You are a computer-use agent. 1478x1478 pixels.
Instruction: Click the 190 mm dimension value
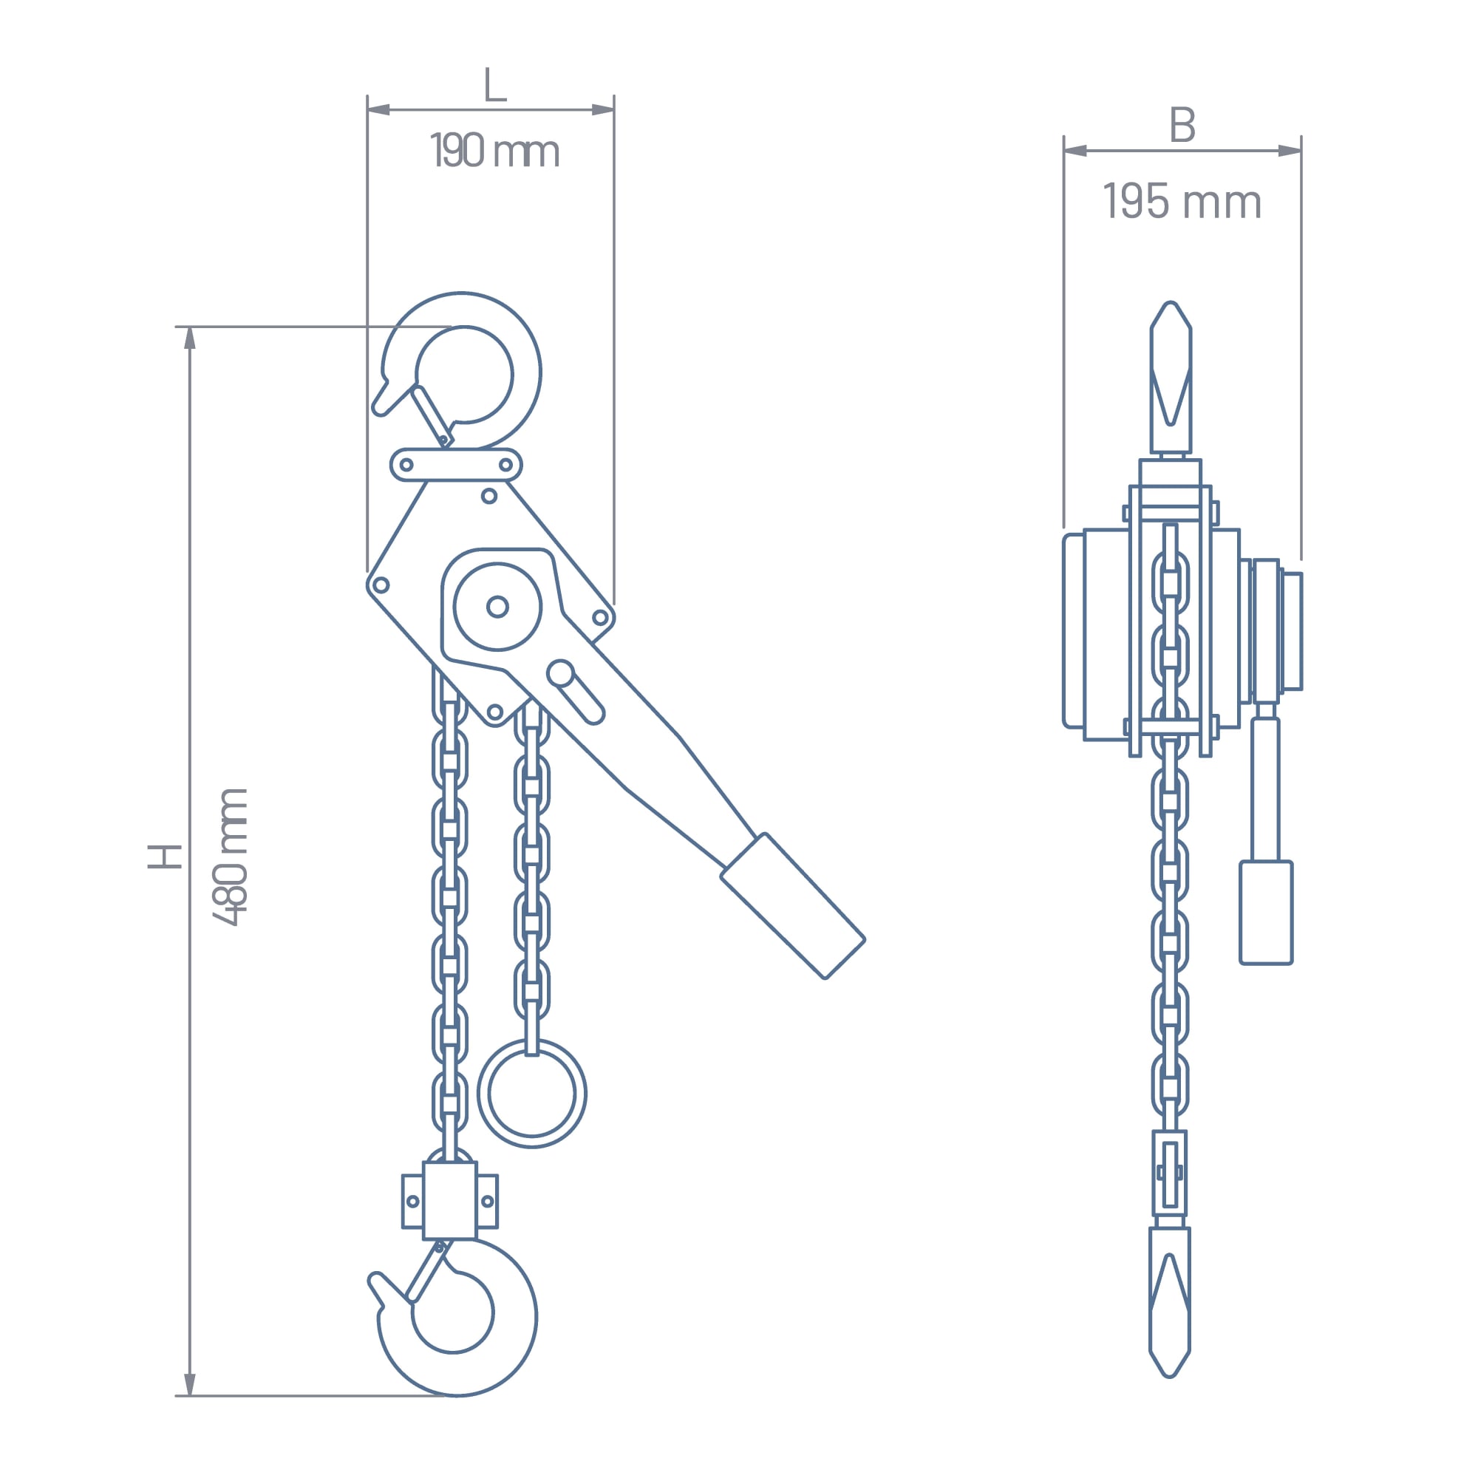point(495,151)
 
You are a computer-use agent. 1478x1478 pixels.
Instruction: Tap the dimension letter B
point(1182,125)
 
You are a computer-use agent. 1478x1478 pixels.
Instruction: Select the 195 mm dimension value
point(1182,202)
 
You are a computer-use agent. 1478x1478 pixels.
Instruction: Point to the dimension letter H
point(165,857)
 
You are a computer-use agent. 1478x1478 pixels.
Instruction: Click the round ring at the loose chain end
point(531,1093)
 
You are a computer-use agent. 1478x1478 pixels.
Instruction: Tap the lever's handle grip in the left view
point(793,906)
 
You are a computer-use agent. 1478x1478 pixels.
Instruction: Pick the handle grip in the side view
point(1265,913)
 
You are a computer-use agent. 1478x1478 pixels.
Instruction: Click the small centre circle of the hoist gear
point(497,607)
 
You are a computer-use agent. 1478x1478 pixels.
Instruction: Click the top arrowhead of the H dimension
point(190,338)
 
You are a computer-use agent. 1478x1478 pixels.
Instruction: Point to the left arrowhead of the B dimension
point(1075,151)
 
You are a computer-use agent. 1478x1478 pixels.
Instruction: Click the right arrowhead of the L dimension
point(604,109)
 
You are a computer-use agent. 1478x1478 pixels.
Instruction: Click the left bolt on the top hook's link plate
point(406,464)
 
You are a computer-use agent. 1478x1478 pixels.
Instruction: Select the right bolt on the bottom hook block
point(487,1201)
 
